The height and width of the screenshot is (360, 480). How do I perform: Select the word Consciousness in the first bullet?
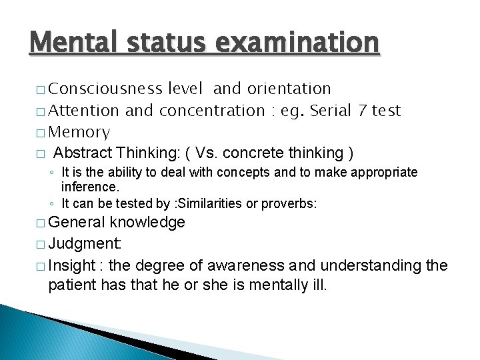[x=105, y=89]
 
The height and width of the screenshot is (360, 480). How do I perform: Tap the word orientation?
[x=289, y=89]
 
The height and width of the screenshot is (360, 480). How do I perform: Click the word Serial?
[x=329, y=110]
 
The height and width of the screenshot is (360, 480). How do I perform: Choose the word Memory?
[x=79, y=132]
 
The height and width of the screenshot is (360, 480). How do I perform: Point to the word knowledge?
[x=147, y=222]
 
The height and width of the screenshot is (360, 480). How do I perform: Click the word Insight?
[x=72, y=266]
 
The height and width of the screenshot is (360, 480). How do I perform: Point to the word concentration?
[x=211, y=110]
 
